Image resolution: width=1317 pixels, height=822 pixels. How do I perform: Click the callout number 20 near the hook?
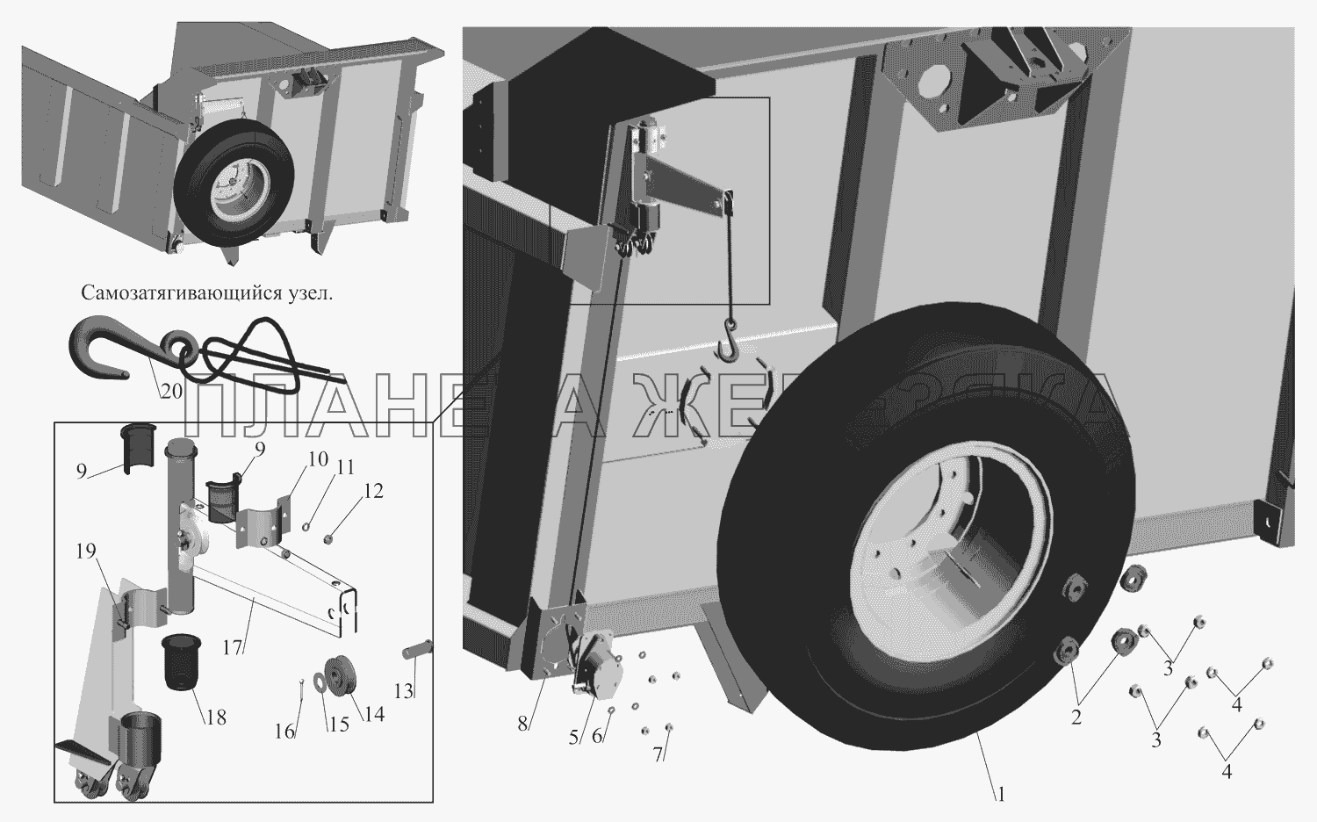pyautogui.click(x=171, y=392)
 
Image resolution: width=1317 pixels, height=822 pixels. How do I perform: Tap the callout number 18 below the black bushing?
pyautogui.click(x=215, y=717)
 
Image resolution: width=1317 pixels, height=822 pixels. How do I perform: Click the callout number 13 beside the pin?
pyautogui.click(x=403, y=691)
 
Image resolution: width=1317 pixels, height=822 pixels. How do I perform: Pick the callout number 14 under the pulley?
pyautogui.click(x=374, y=715)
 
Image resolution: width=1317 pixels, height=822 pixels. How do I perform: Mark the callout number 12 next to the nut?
pyautogui.click(x=374, y=492)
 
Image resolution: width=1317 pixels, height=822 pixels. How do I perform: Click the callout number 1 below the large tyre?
pyautogui.click(x=999, y=795)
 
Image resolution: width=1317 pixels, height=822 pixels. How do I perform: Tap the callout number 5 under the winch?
pyautogui.click(x=573, y=738)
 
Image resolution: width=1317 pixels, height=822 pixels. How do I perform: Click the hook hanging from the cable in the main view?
pyautogui.click(x=729, y=343)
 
